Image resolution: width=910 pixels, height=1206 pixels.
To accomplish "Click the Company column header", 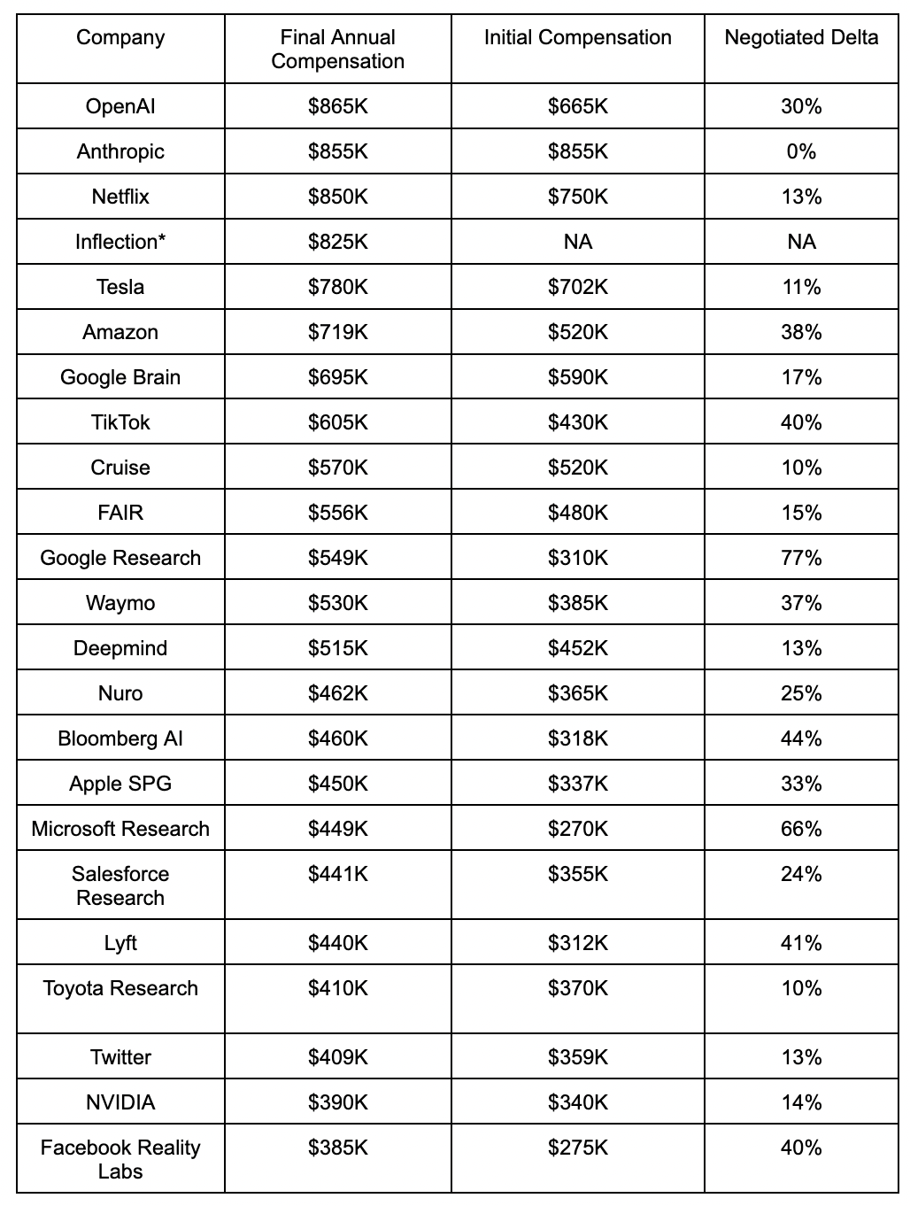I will click(x=120, y=37).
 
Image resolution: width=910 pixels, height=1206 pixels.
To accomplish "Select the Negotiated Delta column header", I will click(x=801, y=37).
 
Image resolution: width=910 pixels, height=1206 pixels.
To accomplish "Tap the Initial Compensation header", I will click(x=577, y=37).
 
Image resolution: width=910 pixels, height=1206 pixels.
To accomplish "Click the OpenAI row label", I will click(x=120, y=106).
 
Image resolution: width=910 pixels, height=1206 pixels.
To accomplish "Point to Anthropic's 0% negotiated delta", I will click(x=801, y=151).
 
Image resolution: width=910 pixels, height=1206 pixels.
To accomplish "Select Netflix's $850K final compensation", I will click(x=337, y=197).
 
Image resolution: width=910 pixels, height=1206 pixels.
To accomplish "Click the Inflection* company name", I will click(x=120, y=242).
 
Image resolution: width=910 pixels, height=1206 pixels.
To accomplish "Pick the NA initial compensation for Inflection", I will click(x=577, y=242).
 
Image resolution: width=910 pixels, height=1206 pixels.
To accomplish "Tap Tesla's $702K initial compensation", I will click(x=577, y=287).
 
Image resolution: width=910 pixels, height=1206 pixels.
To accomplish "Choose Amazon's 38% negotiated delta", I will click(x=801, y=332).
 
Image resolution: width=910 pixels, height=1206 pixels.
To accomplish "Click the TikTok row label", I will click(x=120, y=422).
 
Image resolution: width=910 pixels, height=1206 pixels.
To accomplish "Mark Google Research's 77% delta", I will click(x=801, y=558).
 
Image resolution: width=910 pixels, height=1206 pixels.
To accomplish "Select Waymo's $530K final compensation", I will click(x=337, y=603).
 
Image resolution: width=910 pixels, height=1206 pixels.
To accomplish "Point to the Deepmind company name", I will click(x=120, y=648).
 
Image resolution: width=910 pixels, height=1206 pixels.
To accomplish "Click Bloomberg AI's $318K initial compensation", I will click(x=577, y=738).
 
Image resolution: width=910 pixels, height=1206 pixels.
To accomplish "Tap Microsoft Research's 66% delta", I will click(x=801, y=829).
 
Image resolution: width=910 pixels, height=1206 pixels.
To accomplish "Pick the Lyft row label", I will click(x=120, y=943).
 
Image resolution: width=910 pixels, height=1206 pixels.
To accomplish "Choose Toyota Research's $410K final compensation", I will click(x=337, y=988).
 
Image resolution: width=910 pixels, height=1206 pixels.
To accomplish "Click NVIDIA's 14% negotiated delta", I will click(x=801, y=1102).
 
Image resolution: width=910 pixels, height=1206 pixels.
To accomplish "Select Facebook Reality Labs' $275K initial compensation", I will click(x=577, y=1148).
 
